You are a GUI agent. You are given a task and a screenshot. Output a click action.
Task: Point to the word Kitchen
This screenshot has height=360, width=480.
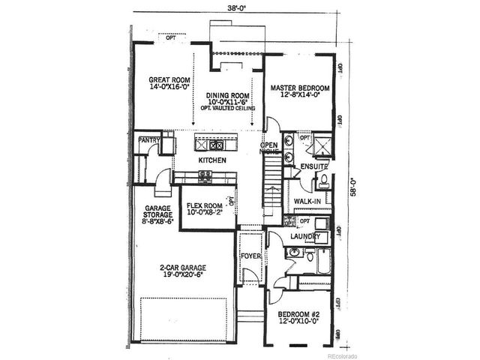pyautogui.click(x=213, y=160)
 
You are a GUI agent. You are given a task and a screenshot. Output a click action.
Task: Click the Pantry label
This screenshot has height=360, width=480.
pyautogui.click(x=146, y=139)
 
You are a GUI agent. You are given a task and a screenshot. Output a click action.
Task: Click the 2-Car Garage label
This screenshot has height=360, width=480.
pyautogui.click(x=182, y=271)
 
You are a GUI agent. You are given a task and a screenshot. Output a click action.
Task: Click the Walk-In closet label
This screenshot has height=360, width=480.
pyautogui.click(x=308, y=201)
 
